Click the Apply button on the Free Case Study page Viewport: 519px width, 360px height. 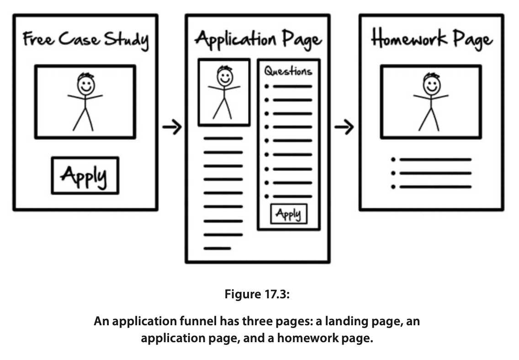[x=85, y=175]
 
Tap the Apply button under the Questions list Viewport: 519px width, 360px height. [x=289, y=214]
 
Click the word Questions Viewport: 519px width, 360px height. [x=288, y=71]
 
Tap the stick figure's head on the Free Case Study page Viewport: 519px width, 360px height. [x=86, y=84]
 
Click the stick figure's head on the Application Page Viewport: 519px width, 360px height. [x=224, y=77]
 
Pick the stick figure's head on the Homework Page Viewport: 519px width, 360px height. [x=431, y=84]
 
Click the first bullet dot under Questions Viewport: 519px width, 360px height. [x=267, y=86]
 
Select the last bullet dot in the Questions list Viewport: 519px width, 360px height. [x=267, y=196]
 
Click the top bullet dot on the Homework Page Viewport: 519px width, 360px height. [x=393, y=159]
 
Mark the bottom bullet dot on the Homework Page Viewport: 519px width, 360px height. [x=393, y=187]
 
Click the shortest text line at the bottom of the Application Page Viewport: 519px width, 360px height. [x=217, y=249]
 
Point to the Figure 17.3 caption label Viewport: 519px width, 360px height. [x=257, y=294]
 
